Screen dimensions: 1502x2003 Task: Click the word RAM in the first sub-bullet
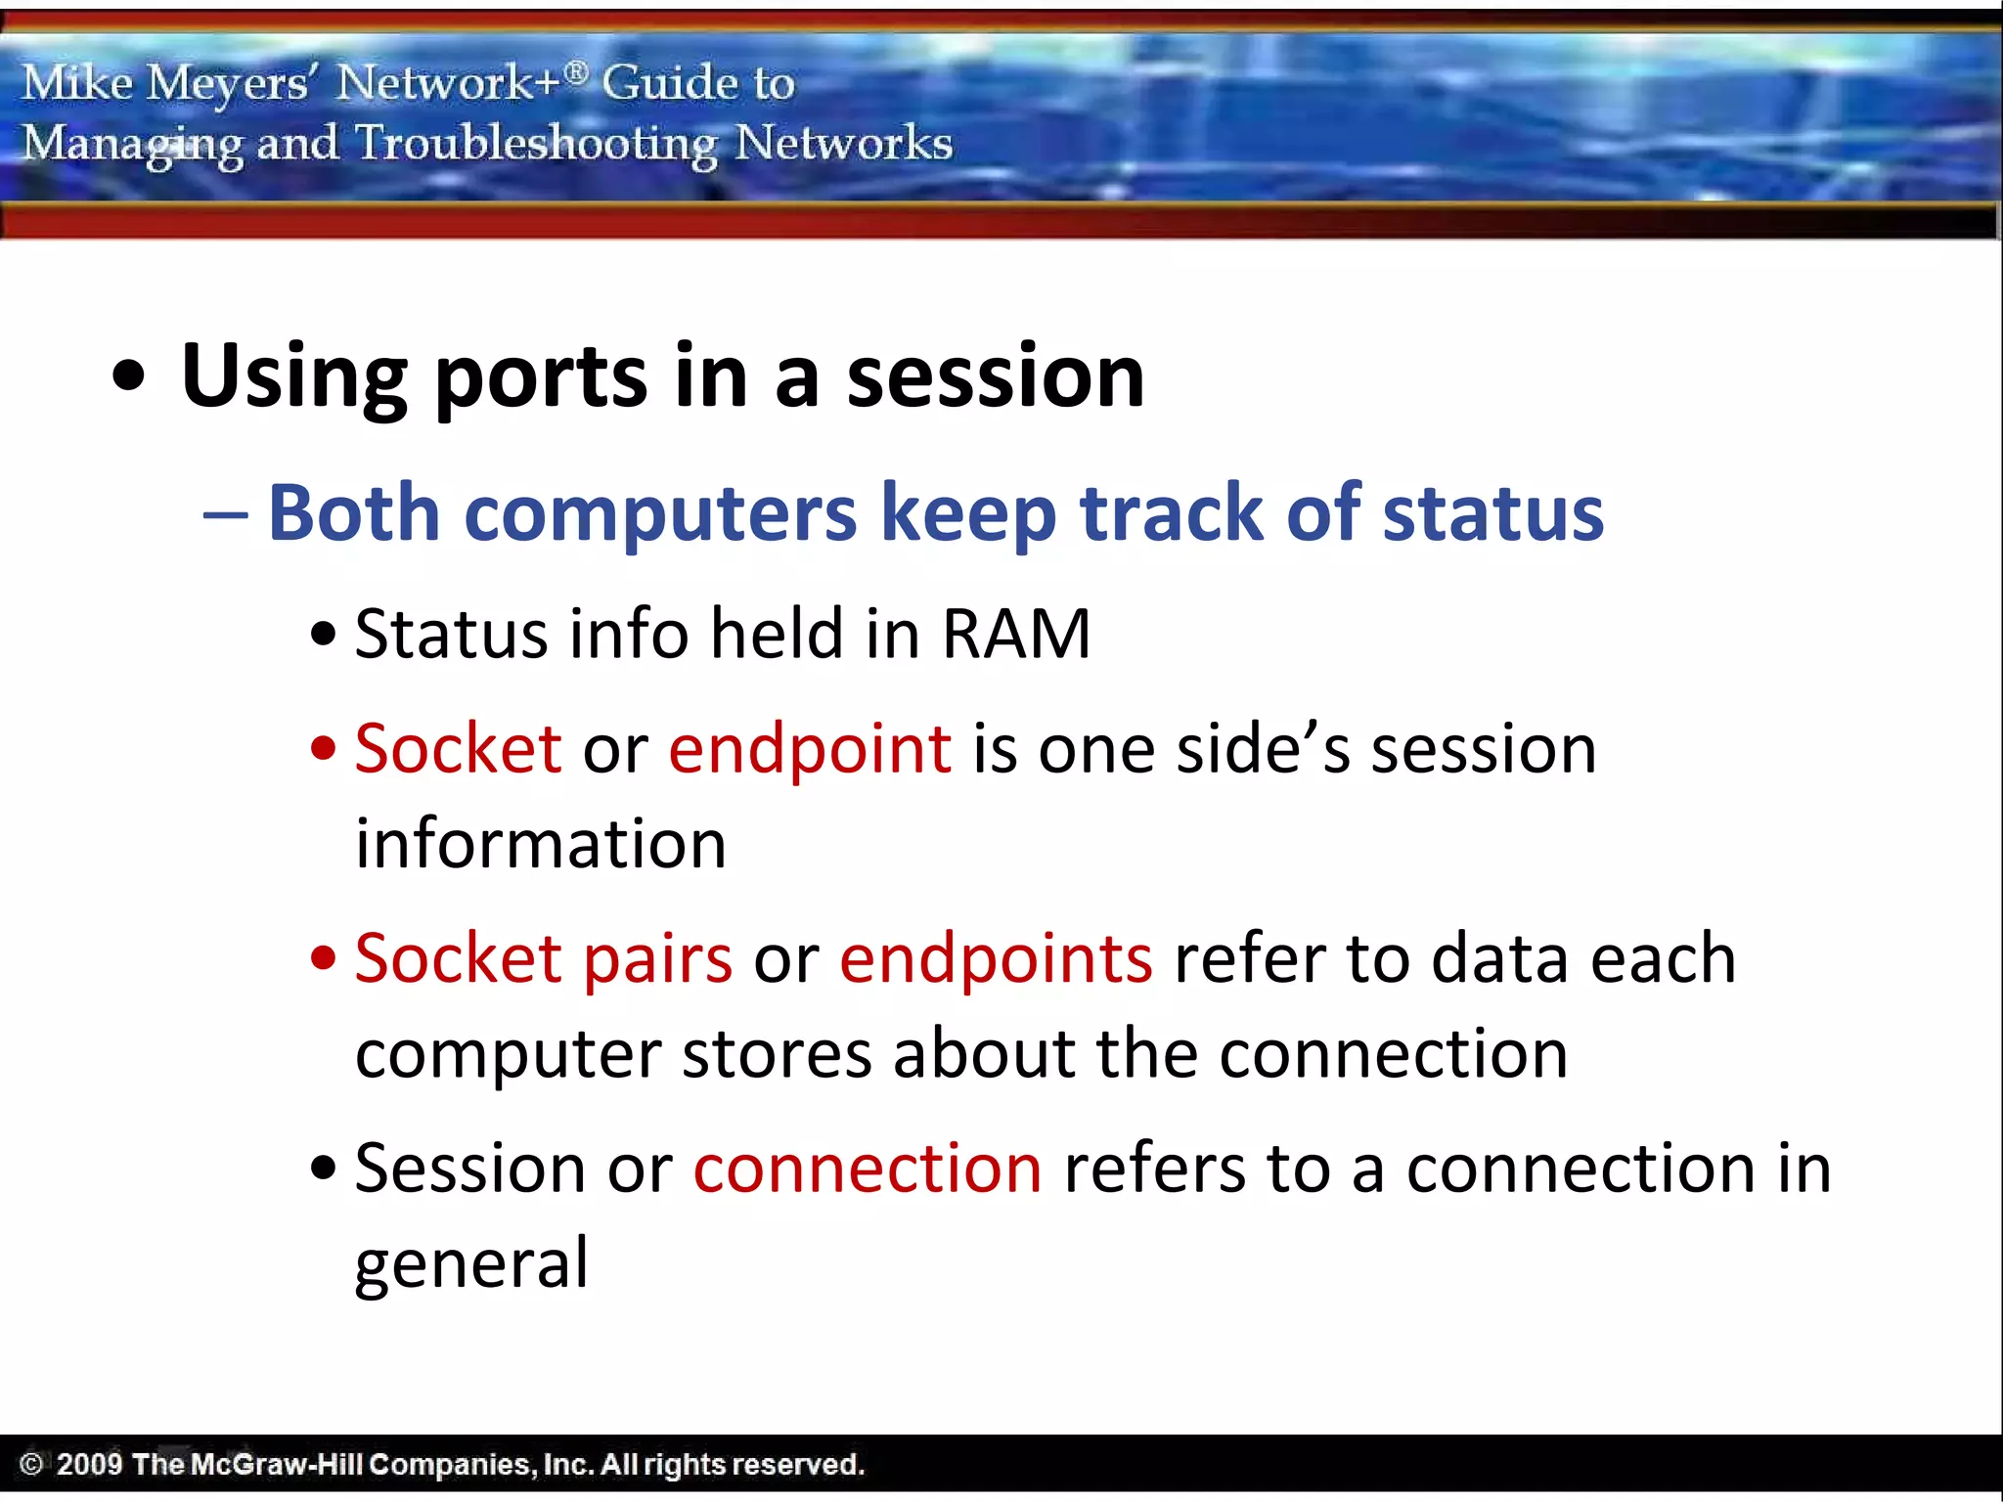click(1015, 635)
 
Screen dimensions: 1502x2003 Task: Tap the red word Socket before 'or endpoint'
click(458, 749)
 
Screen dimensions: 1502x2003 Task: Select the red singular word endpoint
click(810, 749)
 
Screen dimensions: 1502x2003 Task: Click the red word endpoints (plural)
click(996, 958)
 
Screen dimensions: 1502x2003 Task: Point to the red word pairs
click(657, 958)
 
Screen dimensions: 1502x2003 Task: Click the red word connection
click(868, 1169)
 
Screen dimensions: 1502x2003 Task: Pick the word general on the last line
click(471, 1263)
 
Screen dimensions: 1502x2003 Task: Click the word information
click(540, 844)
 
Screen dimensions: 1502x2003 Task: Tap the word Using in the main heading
click(293, 377)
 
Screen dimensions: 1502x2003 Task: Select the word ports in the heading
click(540, 377)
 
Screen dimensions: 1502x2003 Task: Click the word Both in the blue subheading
click(354, 512)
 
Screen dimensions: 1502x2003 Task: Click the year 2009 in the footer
click(89, 1464)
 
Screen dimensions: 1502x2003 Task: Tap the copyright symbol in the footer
click(31, 1464)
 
